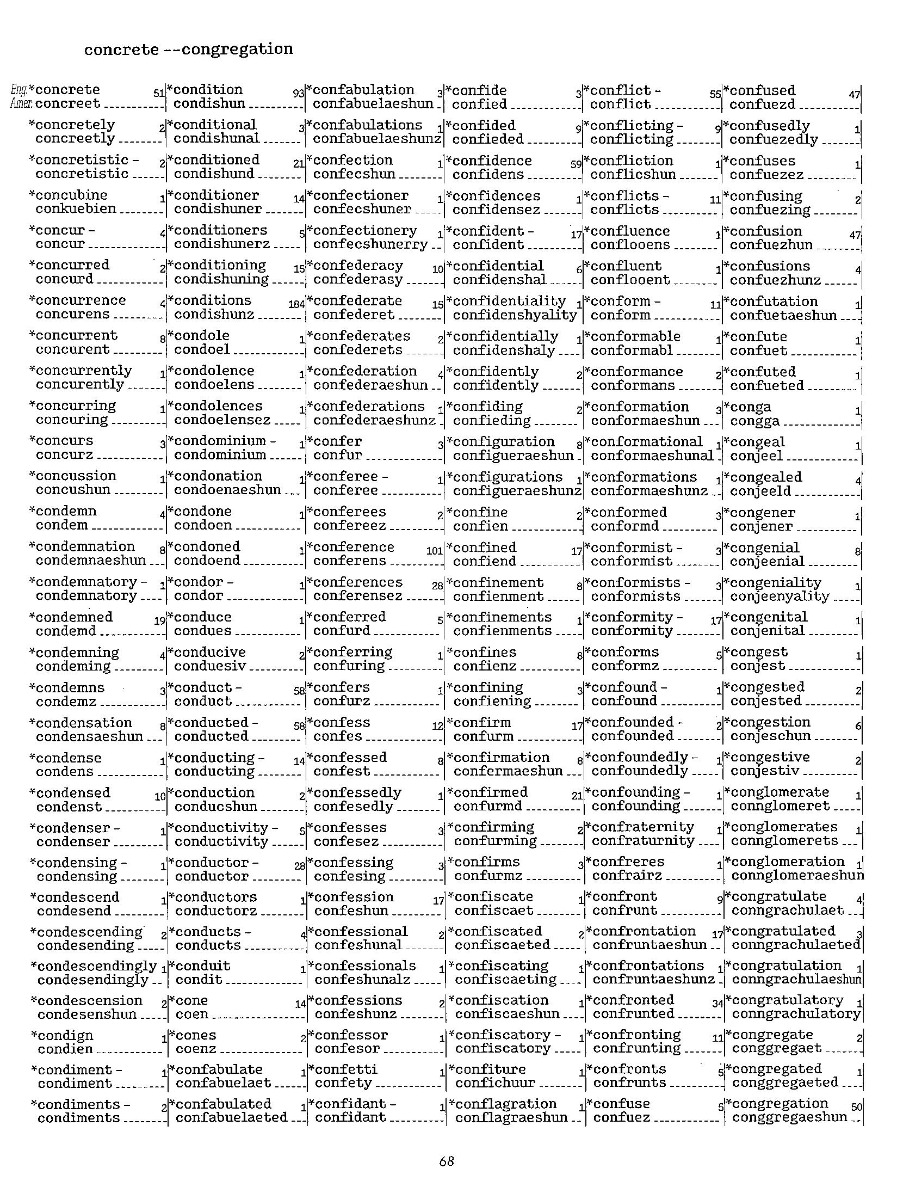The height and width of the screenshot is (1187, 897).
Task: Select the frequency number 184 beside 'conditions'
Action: pyautogui.click(x=296, y=305)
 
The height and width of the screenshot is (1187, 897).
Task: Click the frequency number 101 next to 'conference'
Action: pyautogui.click(x=435, y=551)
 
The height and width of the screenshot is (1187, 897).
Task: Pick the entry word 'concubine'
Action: pyautogui.click(x=71, y=195)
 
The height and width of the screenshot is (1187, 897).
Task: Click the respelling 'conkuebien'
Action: pyautogui.click(x=76, y=208)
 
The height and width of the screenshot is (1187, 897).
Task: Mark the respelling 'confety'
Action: pyautogui.click(x=343, y=1083)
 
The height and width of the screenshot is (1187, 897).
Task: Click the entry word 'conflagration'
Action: pyautogui.click(x=505, y=1104)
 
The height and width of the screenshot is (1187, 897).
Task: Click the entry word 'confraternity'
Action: pyautogui.click(x=642, y=827)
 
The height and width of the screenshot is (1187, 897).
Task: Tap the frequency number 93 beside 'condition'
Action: pyautogui.click(x=299, y=94)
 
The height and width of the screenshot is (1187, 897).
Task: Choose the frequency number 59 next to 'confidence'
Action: pyautogui.click(x=577, y=164)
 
